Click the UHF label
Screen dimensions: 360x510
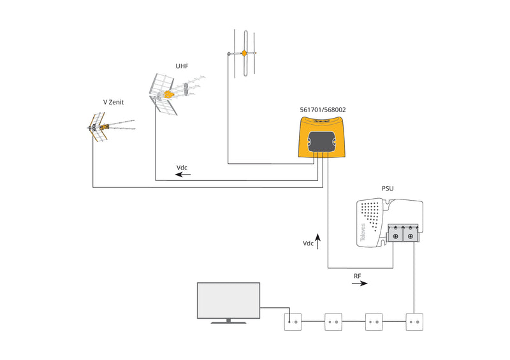182,66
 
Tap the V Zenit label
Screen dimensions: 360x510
114,102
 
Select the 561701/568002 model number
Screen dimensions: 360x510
323,110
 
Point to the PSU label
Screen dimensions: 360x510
387,189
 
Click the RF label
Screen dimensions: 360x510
358,276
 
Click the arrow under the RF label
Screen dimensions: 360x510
360,284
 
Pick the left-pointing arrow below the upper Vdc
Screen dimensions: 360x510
183,174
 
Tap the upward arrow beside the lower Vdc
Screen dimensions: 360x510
317,241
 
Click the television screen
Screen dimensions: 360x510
228,301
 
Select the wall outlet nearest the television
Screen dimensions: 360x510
293,321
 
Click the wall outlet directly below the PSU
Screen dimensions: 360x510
415,321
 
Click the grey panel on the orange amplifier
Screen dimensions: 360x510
323,140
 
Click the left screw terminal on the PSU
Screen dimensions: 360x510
396,237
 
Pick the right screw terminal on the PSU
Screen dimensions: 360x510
411,237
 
